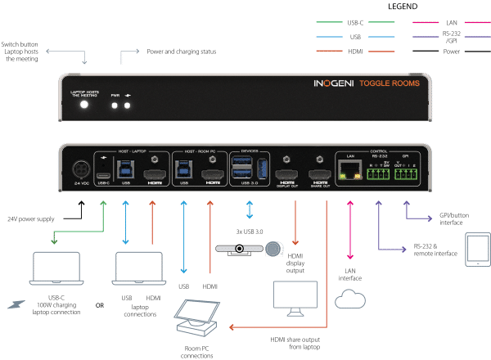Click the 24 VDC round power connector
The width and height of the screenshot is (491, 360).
[80, 169]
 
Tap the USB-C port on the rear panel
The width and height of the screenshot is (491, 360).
[103, 175]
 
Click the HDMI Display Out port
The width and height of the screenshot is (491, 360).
[286, 174]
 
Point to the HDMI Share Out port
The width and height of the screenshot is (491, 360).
[318, 174]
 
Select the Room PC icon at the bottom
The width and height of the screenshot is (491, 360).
[198, 315]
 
